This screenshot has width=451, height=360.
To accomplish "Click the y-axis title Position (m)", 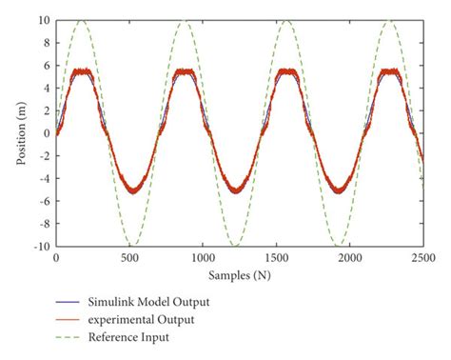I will tap(21, 133).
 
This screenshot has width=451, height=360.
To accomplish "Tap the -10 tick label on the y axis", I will tap(41, 246).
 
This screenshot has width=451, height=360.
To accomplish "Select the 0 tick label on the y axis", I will tap(46, 133).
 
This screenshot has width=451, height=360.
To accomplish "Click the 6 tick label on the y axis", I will tap(46, 66).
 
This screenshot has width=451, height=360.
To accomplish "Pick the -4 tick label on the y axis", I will tap(43, 178).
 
